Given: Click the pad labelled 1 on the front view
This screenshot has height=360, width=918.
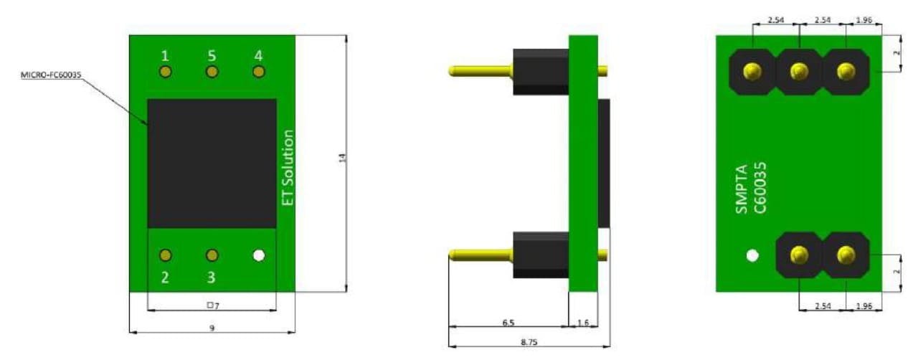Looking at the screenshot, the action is pos(165,72).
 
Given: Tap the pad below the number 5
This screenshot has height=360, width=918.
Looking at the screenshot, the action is pos(212,72).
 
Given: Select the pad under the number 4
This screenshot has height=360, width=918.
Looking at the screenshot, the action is pos(259,72).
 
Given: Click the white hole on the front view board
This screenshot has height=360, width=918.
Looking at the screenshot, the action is pos(259,255).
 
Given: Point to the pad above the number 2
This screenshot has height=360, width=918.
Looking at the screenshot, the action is pos(165,255).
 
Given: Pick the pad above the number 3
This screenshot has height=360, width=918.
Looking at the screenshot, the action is pos(212,255).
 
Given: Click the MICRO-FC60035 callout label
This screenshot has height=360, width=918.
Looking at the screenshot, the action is pos(51,75).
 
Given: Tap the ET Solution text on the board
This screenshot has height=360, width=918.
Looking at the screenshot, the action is pos(288,168).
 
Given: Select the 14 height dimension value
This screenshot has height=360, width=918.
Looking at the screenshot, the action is pos(343,158).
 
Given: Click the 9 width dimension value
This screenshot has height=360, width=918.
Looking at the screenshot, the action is pos(212,328).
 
